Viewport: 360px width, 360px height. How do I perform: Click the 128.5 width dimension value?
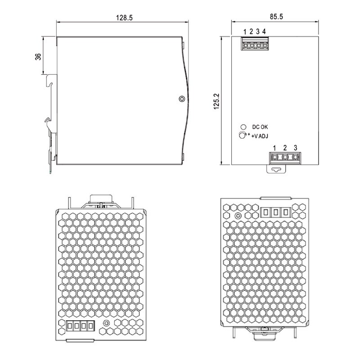pos(124,18)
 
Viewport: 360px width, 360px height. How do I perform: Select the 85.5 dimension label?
pos(276,17)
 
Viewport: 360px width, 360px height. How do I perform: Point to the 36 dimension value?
pos(38,57)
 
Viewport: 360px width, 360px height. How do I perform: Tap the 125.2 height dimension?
pos(216,101)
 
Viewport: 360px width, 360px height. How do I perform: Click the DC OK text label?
pos(260,127)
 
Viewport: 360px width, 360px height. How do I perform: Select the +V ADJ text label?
pos(260,136)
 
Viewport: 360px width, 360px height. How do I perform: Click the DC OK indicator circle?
pos(243,127)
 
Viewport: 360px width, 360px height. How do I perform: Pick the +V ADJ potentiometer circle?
pos(242,135)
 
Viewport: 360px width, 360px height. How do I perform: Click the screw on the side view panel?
pos(182,99)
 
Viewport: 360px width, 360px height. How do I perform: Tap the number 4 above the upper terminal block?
pos(264,31)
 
